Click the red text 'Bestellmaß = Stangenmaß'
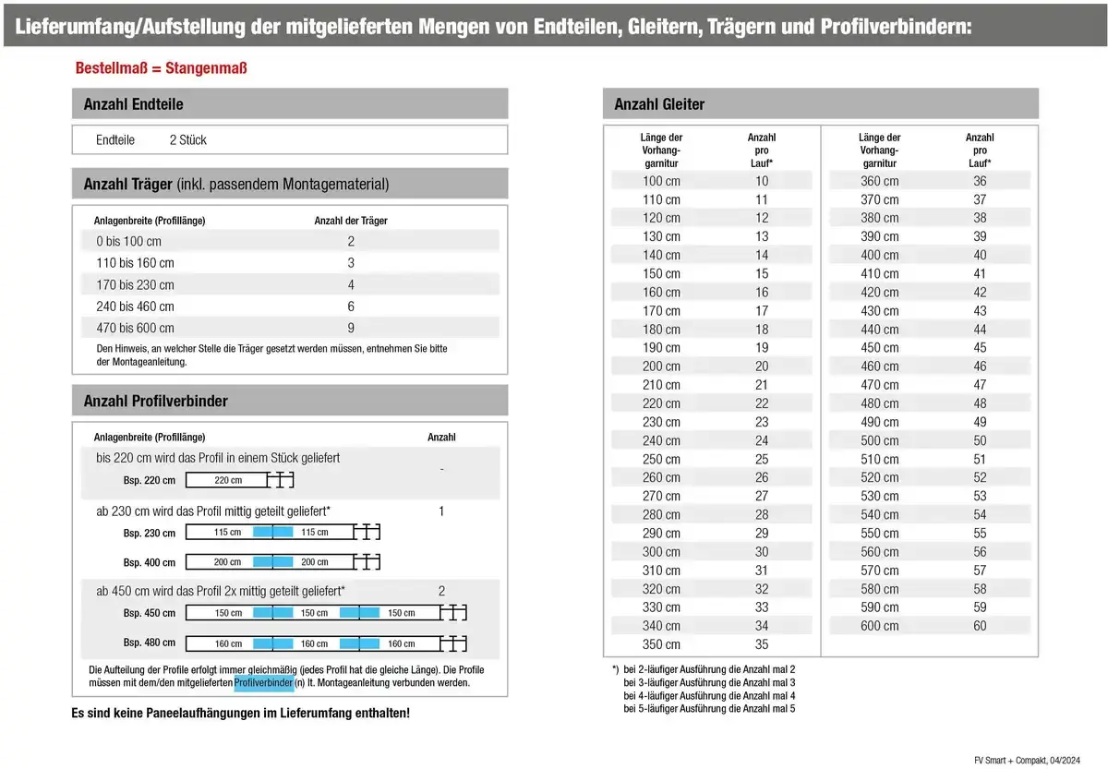[161, 68]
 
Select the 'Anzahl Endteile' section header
[133, 104]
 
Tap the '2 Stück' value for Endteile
[187, 140]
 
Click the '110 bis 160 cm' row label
[135, 263]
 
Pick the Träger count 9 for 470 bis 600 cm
[351, 328]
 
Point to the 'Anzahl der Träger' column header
[351, 221]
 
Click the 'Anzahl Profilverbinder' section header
[155, 401]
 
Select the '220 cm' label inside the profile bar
[228, 480]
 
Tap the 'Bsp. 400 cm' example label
[149, 562]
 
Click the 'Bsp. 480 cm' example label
[149, 643]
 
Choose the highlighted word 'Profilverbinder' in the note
[264, 683]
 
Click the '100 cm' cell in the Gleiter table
[661, 181]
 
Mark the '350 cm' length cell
[661, 644]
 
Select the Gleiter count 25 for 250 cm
[762, 459]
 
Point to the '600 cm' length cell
[879, 626]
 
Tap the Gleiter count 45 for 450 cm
[980, 348]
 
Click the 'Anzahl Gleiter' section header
[659, 104]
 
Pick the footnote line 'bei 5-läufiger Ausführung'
[709, 709]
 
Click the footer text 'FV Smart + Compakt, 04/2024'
[1026, 759]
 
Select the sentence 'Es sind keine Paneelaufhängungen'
[241, 714]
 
